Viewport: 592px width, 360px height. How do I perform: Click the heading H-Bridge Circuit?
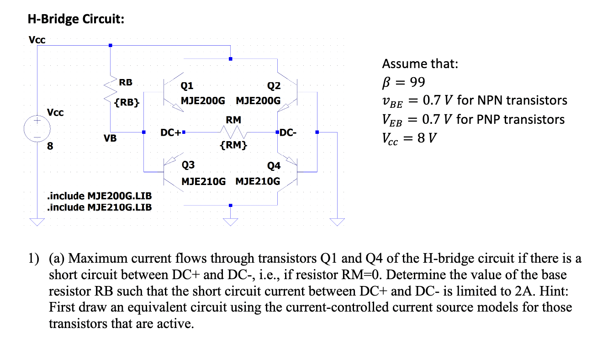coord(76,20)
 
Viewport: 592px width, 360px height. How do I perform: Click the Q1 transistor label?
coord(187,85)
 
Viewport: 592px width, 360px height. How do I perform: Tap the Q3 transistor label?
coord(187,165)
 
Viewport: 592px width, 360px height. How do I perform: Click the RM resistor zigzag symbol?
coord(233,133)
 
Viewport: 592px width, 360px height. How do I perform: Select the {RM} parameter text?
coord(233,146)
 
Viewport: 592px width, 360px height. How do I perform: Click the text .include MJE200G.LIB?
coord(99,196)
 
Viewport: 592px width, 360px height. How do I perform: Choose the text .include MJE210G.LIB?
coord(99,207)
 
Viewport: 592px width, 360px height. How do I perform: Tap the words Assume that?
coord(419,64)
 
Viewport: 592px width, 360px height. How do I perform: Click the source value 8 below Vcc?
coord(50,147)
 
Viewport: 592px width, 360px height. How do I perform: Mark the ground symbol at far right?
coord(337,222)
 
